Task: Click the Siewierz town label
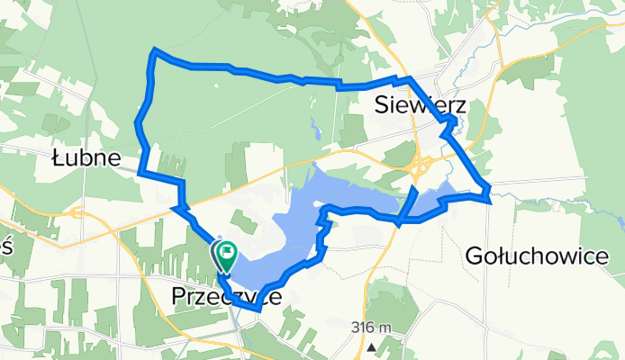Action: [419, 107]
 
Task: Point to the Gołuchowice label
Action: [537, 256]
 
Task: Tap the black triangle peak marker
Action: [371, 346]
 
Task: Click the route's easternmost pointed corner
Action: [489, 191]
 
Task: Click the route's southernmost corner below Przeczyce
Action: [258, 309]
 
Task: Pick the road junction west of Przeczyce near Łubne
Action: [74, 213]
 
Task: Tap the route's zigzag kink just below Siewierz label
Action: [448, 125]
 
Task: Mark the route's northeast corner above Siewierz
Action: [407, 79]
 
